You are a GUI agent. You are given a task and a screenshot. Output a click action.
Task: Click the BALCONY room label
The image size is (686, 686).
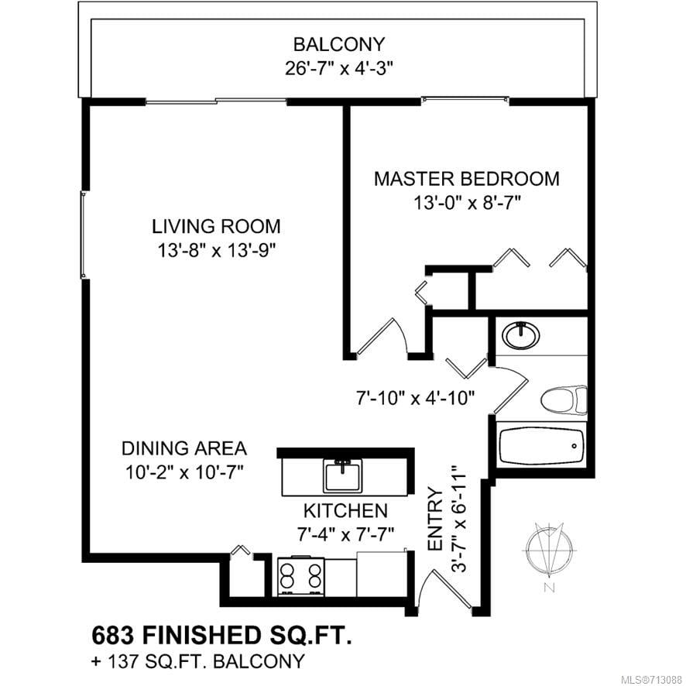[x=338, y=45]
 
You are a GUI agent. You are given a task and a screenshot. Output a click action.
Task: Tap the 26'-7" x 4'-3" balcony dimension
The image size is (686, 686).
[x=338, y=69]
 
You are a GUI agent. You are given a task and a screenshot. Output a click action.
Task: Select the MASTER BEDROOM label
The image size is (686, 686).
[x=466, y=179]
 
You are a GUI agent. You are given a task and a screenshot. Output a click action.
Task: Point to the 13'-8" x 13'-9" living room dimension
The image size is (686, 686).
[x=217, y=251]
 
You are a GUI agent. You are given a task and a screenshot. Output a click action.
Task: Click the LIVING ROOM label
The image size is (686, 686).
[x=216, y=227]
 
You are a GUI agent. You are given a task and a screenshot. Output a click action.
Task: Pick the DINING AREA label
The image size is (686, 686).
[x=184, y=449]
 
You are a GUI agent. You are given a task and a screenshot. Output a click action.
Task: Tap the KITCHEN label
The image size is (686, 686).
[x=345, y=510]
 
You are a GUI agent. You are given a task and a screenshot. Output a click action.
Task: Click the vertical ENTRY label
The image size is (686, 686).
[x=436, y=520]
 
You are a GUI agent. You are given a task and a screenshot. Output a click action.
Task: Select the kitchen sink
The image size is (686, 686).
[x=342, y=476]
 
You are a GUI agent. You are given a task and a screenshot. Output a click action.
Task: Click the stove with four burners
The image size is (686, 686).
[x=301, y=576]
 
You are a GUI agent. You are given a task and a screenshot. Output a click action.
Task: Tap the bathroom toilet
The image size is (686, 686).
[x=564, y=400]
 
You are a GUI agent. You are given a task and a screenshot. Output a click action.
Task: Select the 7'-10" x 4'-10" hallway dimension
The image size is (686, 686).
[x=415, y=398]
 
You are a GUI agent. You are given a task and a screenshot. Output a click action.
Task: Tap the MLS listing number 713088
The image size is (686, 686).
[x=665, y=680]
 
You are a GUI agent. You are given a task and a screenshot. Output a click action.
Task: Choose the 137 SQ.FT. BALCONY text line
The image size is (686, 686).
[x=197, y=661]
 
